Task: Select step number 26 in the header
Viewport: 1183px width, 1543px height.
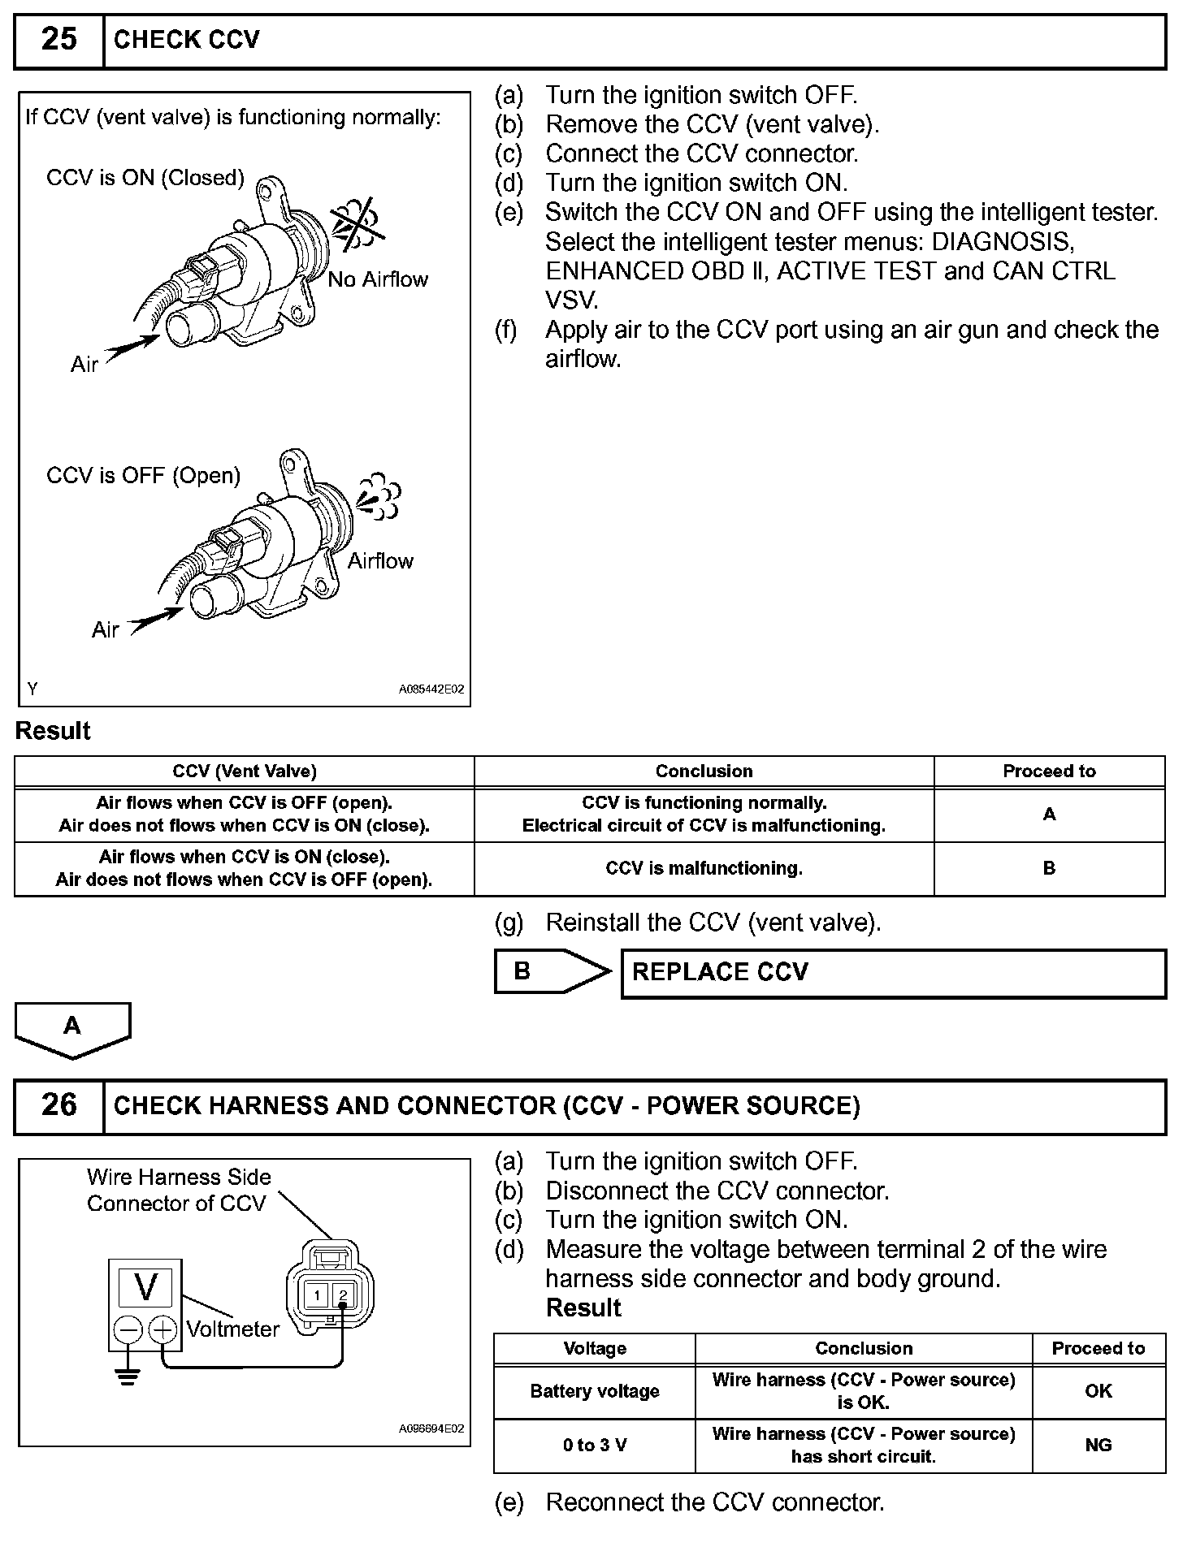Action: [x=58, y=1106]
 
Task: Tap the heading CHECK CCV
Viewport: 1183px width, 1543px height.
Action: [x=187, y=41]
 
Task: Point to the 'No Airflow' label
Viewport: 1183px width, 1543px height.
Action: [x=378, y=280]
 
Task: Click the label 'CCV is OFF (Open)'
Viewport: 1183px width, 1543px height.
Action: [x=143, y=476]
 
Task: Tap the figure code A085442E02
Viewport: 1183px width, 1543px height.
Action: [x=431, y=689]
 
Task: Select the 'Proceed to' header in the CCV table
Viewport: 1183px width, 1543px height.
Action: [x=1049, y=771]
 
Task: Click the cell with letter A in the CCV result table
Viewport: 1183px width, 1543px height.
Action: [x=1049, y=815]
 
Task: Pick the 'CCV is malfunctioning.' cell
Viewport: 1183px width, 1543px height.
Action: [x=704, y=869]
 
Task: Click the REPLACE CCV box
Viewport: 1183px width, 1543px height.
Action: [x=893, y=973]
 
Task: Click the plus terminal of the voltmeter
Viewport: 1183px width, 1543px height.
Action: [x=163, y=1329]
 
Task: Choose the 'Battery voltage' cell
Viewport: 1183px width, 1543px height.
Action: [x=594, y=1392]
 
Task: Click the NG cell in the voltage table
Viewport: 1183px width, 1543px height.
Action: [x=1098, y=1446]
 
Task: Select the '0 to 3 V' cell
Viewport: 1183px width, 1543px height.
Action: [x=594, y=1446]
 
